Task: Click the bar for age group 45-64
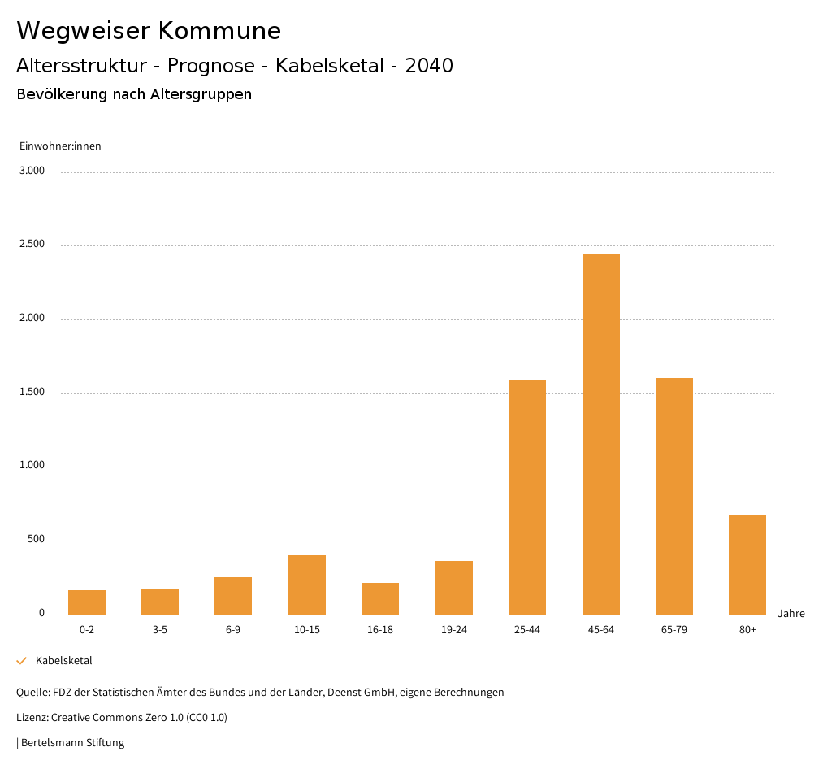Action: [600, 434]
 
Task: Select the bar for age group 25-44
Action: [527, 497]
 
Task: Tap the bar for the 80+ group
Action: [747, 564]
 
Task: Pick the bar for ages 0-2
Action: [87, 602]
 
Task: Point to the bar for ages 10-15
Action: [307, 584]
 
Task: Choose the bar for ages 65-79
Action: [674, 496]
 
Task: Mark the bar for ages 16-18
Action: [380, 598]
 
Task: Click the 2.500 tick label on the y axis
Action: [32, 245]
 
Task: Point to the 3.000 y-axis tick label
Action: [32, 171]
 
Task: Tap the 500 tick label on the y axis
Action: [36, 540]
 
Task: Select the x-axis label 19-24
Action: [453, 630]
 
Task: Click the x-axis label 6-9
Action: [233, 630]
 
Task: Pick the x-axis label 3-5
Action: [160, 630]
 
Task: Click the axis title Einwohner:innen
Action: [60, 146]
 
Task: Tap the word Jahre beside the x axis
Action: [791, 614]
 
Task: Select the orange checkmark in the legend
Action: [22, 661]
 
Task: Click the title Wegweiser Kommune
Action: [149, 31]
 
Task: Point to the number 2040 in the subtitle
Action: [429, 66]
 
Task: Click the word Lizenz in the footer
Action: [31, 718]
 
